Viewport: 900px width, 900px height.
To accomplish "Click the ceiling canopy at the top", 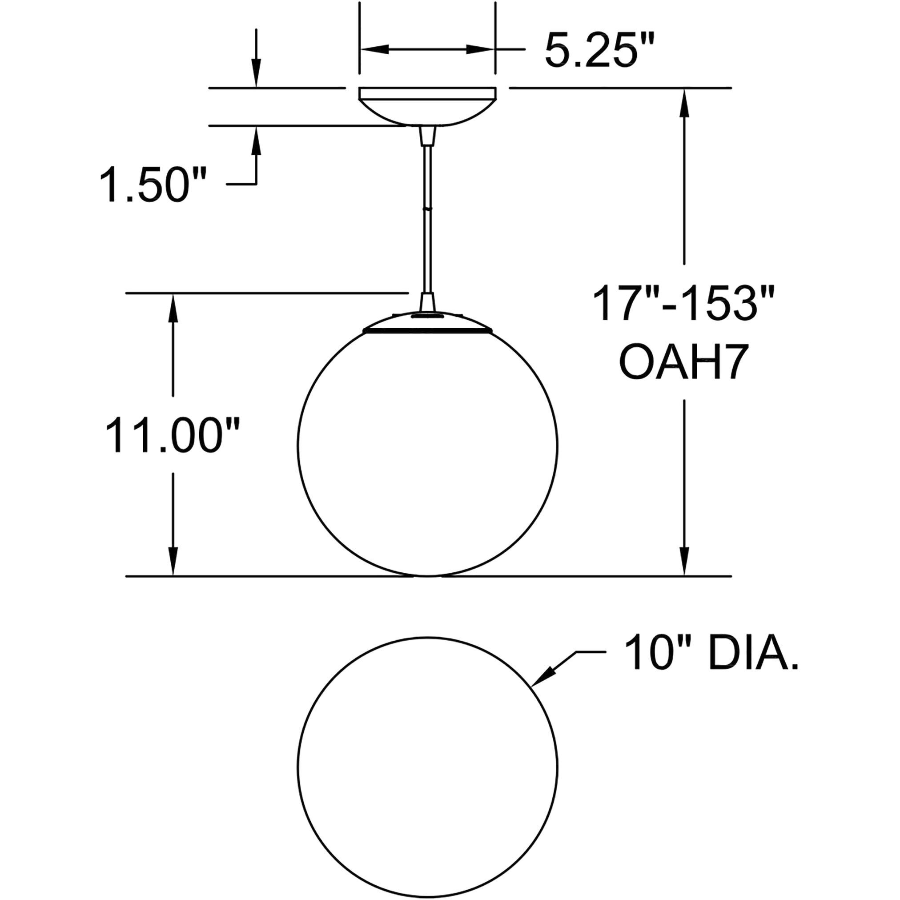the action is [x=427, y=106].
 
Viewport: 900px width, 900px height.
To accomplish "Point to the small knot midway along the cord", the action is [x=427, y=209].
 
